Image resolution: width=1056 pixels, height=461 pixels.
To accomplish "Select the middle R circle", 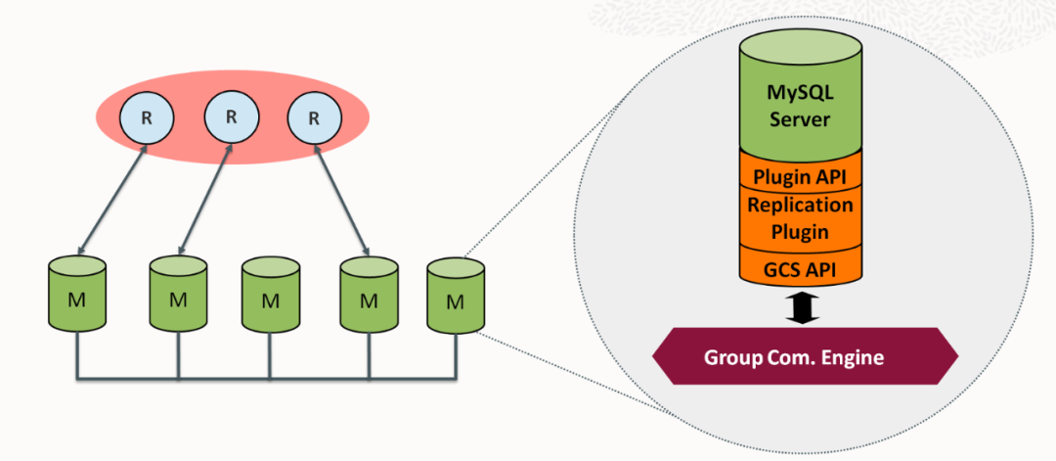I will tap(231, 116).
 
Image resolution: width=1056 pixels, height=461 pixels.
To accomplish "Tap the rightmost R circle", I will tap(314, 118).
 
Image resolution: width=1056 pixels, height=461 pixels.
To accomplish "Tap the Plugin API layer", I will tap(801, 176).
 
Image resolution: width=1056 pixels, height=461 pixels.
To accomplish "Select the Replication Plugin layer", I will tap(801, 218).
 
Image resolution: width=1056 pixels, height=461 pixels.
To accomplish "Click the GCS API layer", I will tap(801, 267).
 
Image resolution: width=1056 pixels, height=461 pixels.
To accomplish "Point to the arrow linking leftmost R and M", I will tap(112, 202).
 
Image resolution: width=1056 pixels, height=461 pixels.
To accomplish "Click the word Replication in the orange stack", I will tap(801, 205).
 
